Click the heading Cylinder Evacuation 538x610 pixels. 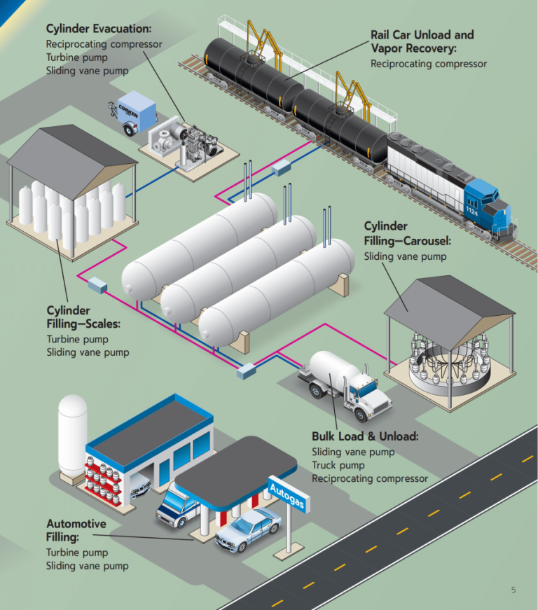[x=98, y=29]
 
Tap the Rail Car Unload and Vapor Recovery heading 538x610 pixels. [x=422, y=41]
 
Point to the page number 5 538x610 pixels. [x=513, y=590]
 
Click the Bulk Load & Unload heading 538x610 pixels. [x=364, y=436]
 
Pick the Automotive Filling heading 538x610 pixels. [x=76, y=530]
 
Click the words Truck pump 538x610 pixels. [x=338, y=465]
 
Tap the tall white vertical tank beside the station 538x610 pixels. [x=72, y=434]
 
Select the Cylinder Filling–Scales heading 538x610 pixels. [x=83, y=317]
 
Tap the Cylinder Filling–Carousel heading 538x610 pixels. [x=406, y=234]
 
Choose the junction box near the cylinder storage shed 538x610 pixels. [x=96, y=285]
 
